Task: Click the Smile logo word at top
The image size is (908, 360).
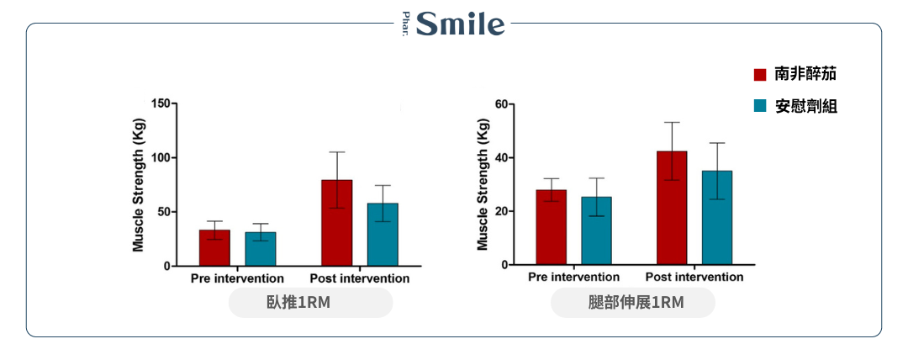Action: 461,24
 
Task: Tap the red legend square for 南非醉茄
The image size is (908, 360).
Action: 760,74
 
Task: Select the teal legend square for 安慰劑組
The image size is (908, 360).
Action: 760,106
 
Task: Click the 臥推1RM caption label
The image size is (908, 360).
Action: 310,303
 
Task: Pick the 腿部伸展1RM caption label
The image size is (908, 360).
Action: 632,303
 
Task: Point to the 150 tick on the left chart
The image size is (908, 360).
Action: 160,103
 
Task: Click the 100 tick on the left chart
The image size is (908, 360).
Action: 160,157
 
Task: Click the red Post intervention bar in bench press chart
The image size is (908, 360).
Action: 336,223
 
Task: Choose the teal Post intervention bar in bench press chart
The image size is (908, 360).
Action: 383,234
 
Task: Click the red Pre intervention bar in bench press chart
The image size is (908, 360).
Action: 214,247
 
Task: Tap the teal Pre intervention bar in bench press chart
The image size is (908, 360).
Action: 260,248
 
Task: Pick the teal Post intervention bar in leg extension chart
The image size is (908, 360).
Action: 717,217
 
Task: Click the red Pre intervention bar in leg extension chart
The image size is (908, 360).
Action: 551,227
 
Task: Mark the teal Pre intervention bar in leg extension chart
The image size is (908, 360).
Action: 596,230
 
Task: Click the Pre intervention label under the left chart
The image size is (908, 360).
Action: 237,278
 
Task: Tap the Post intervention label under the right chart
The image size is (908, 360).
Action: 694,277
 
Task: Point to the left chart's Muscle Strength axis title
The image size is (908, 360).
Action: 139,185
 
